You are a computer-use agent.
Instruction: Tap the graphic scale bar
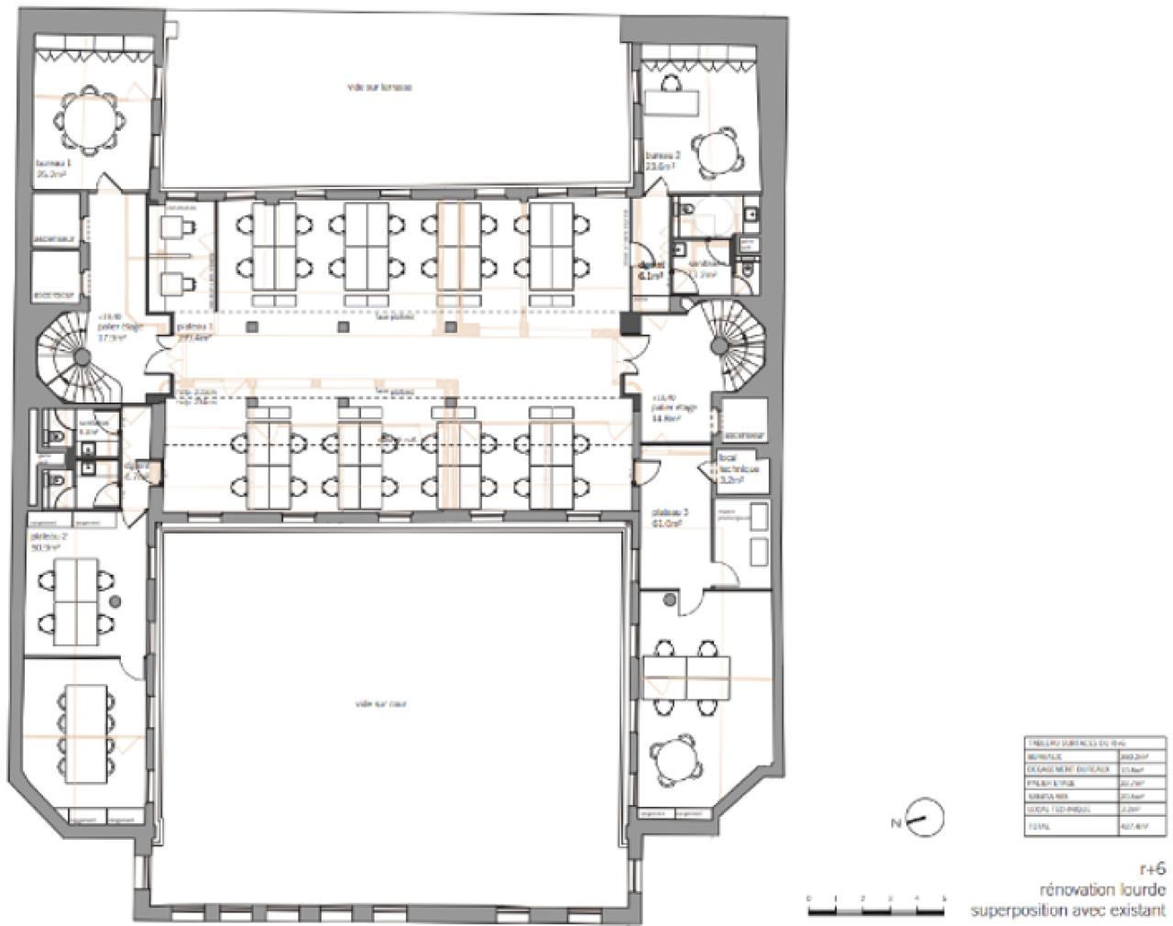click(x=876, y=910)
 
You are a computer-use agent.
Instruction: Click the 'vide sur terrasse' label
click(x=379, y=87)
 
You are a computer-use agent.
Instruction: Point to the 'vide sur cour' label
click(x=379, y=704)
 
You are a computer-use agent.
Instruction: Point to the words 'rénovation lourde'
click(x=1102, y=889)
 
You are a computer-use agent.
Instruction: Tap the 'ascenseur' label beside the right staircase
click(x=745, y=435)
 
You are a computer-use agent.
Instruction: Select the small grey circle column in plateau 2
click(x=115, y=601)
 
